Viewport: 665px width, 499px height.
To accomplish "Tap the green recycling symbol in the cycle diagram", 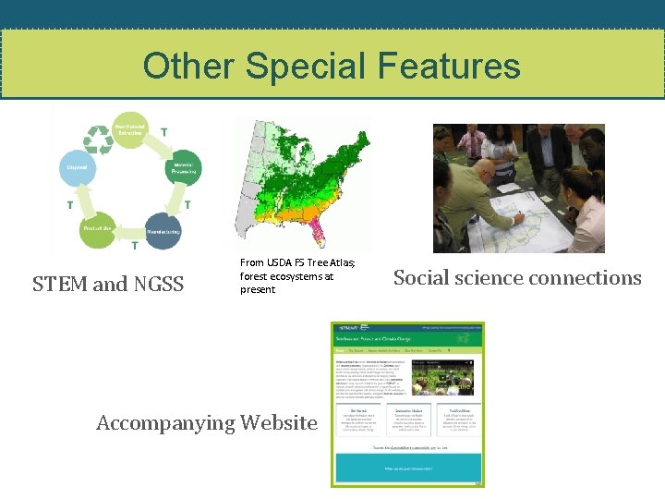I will pos(97,139).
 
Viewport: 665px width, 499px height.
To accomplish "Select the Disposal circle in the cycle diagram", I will pos(77,168).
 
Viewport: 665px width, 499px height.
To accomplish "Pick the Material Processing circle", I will pos(182,168).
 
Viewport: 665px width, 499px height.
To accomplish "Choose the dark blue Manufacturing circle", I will pos(163,230).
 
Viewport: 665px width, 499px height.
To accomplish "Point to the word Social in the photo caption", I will pos(424,278).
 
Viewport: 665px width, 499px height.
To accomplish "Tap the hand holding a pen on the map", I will pos(522,218).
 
